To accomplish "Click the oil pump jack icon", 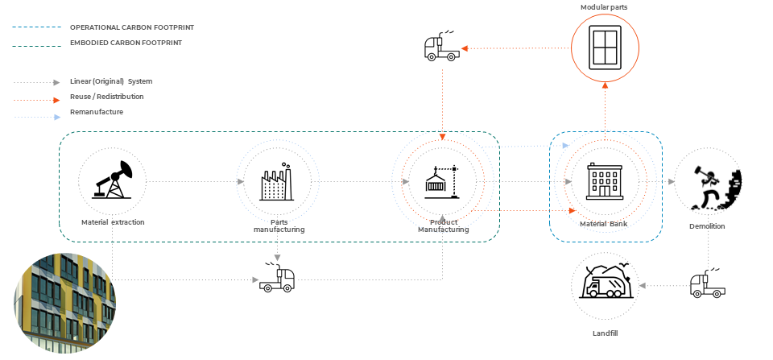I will tap(112, 180).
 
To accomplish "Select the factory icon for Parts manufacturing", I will tap(277, 182).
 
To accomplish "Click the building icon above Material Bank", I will tap(604, 181).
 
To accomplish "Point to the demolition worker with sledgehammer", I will tap(709, 184).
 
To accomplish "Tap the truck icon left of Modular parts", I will tap(440, 49).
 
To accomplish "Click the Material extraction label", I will tap(113, 221).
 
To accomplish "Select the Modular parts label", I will tap(604, 7).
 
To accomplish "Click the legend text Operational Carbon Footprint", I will tap(131, 27).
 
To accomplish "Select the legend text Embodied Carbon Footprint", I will tap(126, 42).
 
